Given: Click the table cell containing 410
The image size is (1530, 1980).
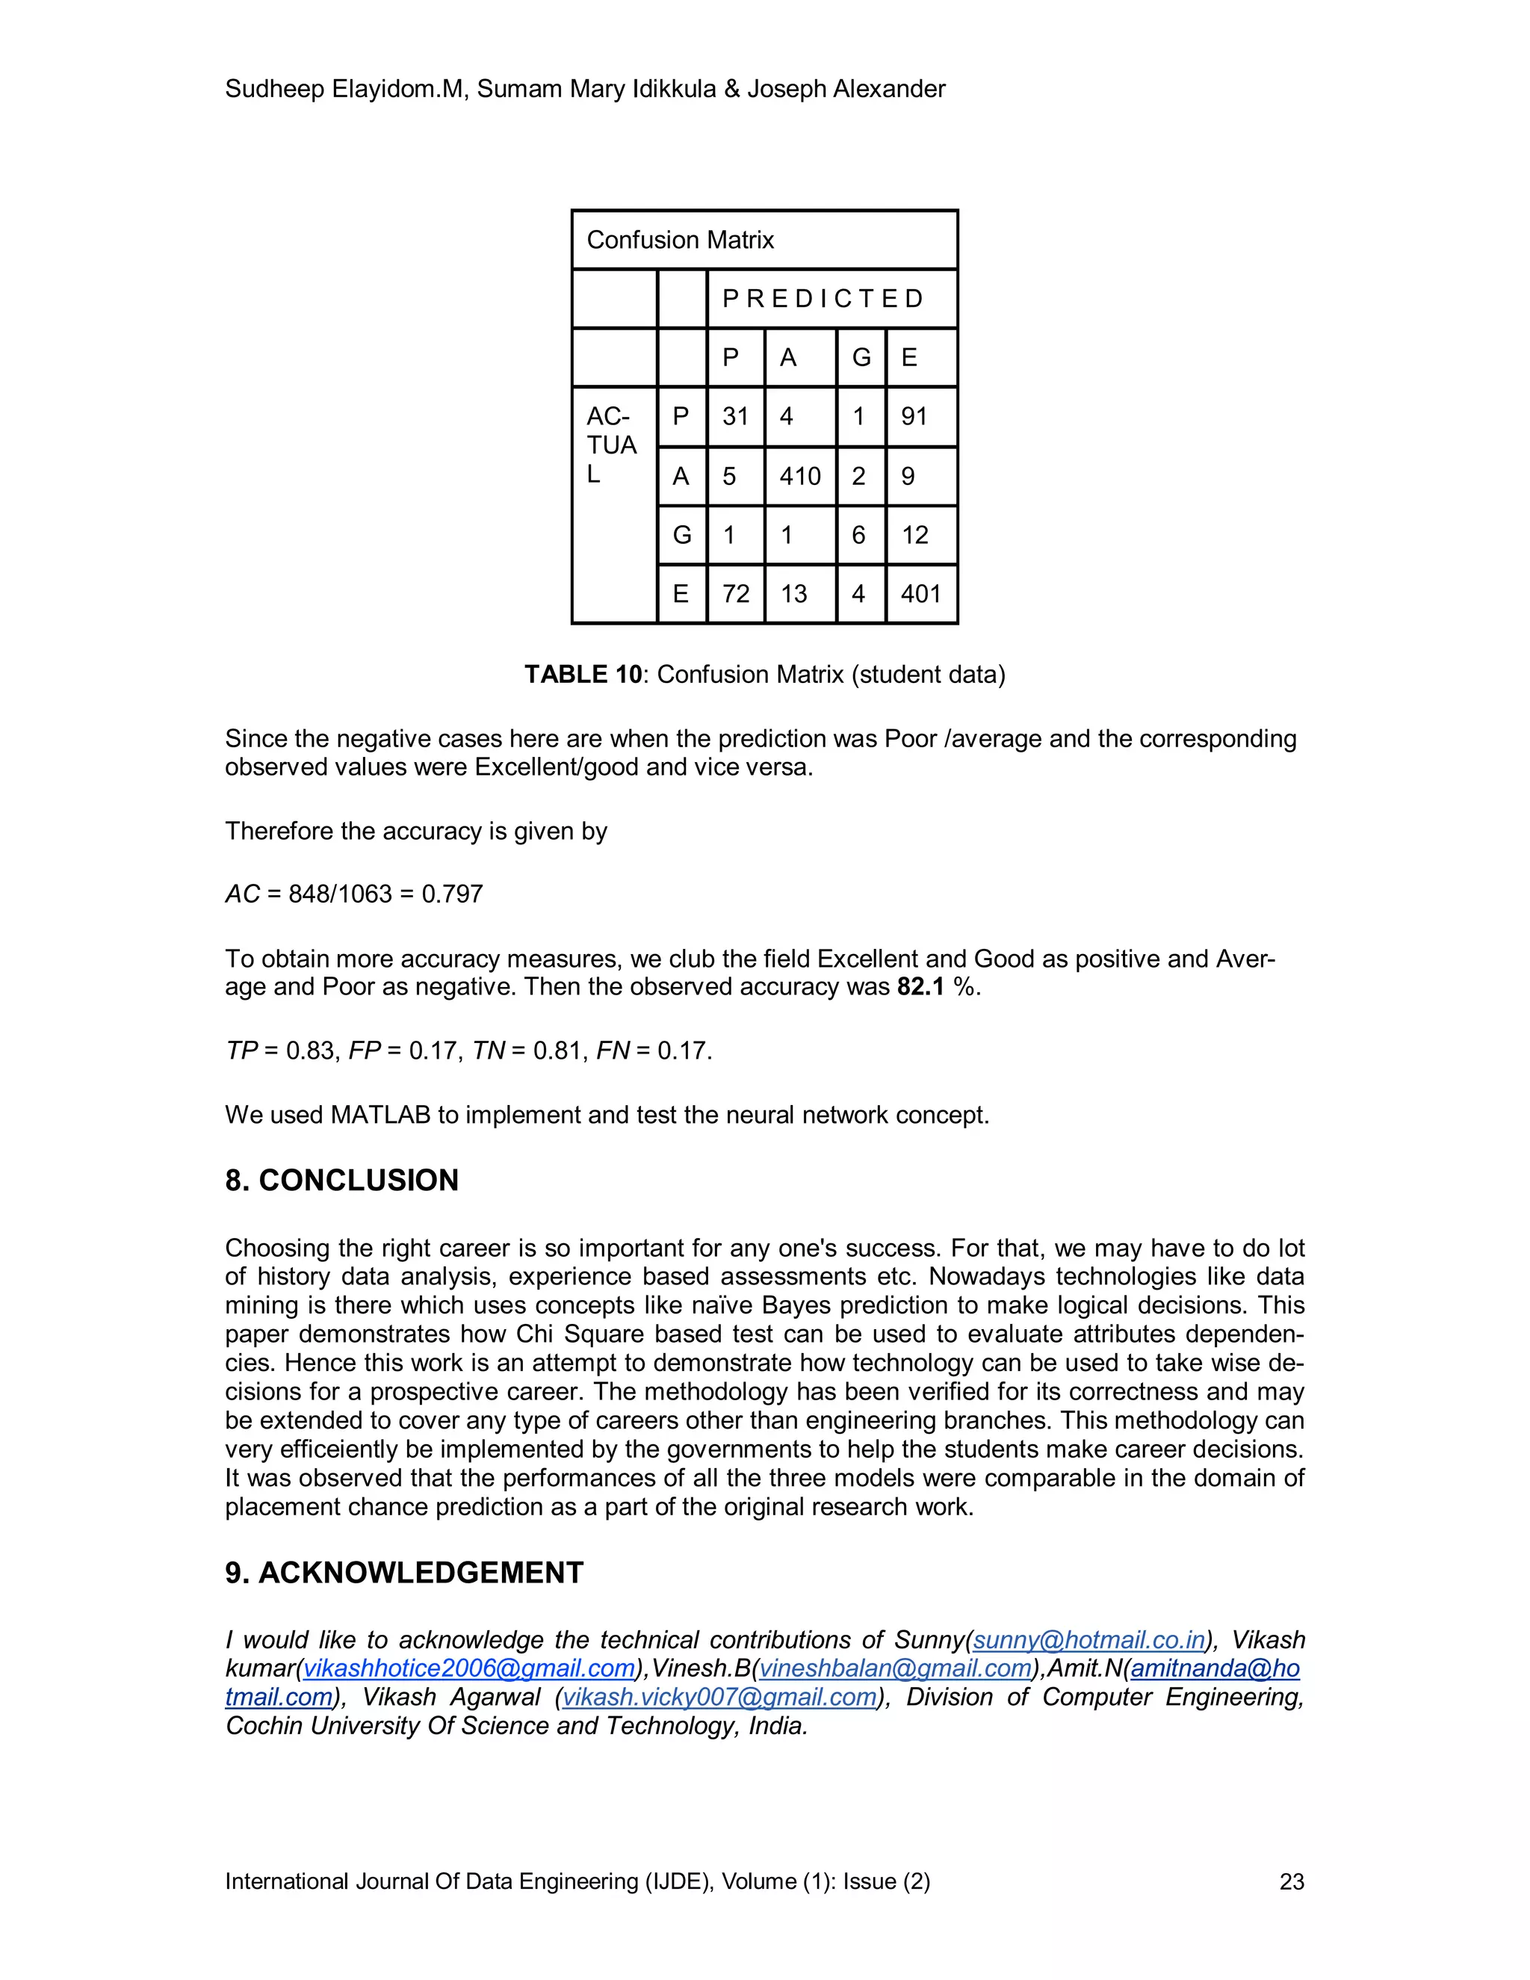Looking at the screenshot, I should pyautogui.click(x=799, y=476).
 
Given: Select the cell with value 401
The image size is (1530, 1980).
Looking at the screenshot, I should pyautogui.click(x=921, y=594).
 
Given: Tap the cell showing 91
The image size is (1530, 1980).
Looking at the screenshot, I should pyautogui.click(x=914, y=417).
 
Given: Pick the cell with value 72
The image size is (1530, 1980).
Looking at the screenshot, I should pyautogui.click(x=735, y=594).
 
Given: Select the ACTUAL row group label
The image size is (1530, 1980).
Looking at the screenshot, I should pyautogui.click(x=612, y=445).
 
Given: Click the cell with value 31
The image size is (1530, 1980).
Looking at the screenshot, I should pyautogui.click(x=735, y=417).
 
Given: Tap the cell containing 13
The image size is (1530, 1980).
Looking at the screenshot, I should pyautogui.click(x=794, y=594).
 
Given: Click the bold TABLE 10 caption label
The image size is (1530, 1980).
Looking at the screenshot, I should pyautogui.click(x=583, y=675).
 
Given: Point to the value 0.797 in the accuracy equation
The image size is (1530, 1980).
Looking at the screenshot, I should pyautogui.click(x=452, y=894).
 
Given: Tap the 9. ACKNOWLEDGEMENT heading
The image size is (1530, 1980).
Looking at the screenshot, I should pyautogui.click(x=404, y=1573).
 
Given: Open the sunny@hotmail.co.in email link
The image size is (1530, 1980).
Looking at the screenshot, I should pyautogui.click(x=1088, y=1640).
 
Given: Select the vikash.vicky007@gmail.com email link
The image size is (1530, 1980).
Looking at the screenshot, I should pyautogui.click(x=719, y=1697).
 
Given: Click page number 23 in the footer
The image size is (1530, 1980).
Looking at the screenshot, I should pyautogui.click(x=1292, y=1882).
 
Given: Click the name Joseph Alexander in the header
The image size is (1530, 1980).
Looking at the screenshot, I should pyautogui.click(x=846, y=89).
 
